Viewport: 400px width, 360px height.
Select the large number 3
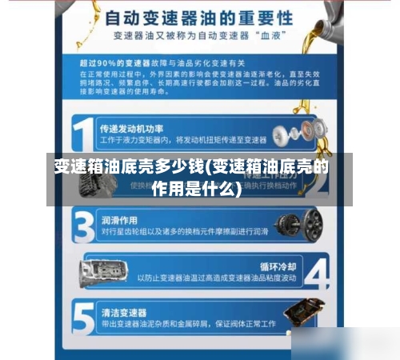tap(82, 226)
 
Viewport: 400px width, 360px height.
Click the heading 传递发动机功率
tap(132, 128)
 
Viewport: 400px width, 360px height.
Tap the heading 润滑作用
tap(119, 219)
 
